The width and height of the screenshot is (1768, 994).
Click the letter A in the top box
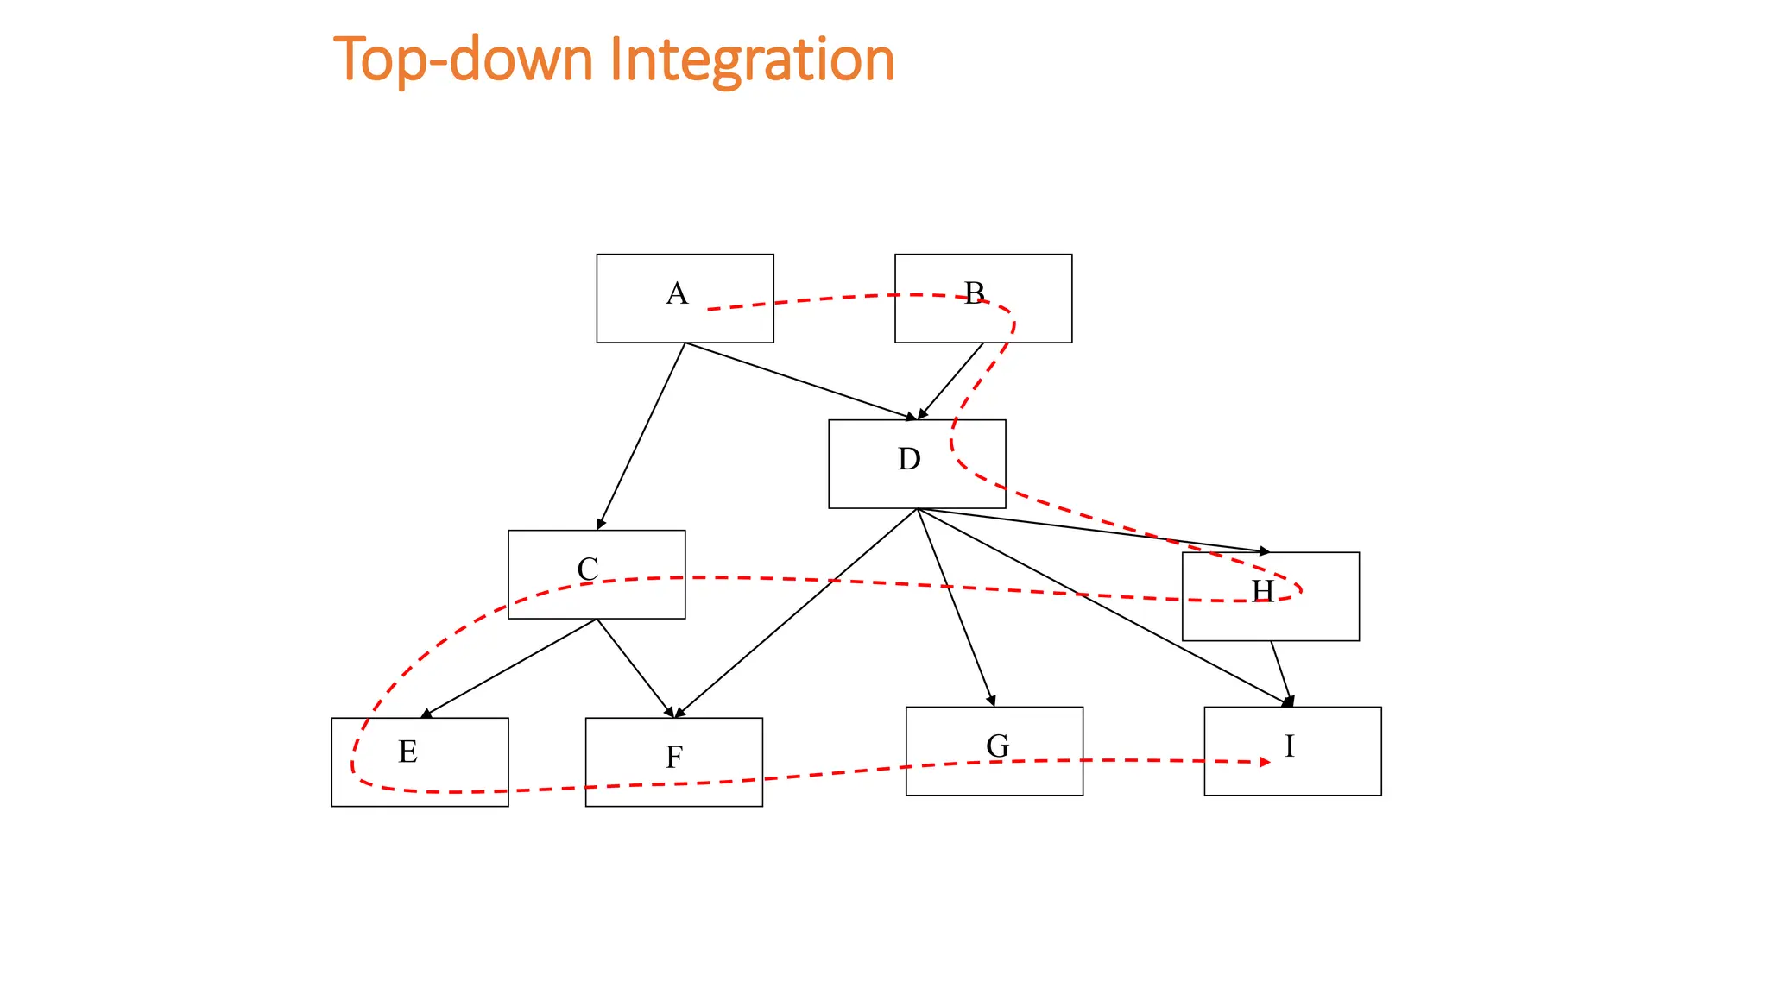point(677,294)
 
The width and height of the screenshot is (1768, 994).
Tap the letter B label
point(974,293)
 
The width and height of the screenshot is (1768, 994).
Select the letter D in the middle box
point(909,459)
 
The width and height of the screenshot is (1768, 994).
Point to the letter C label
point(588,569)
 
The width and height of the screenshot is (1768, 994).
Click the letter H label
point(1262,591)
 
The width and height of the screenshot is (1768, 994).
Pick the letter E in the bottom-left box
point(407,752)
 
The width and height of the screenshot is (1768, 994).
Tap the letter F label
point(674,758)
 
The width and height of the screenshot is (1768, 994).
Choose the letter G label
point(997,745)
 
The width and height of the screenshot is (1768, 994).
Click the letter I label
point(1289,745)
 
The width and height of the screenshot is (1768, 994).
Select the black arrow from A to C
point(641,437)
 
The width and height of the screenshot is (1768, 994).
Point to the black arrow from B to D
point(950,381)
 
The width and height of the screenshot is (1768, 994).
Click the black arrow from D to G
point(956,607)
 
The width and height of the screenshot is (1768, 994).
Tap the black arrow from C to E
point(509,668)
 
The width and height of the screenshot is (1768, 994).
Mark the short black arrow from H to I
point(1281,674)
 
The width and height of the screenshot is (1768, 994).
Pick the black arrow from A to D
point(799,381)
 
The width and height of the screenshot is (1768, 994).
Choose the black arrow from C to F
point(635,668)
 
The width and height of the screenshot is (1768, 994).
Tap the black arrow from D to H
point(1093,530)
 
